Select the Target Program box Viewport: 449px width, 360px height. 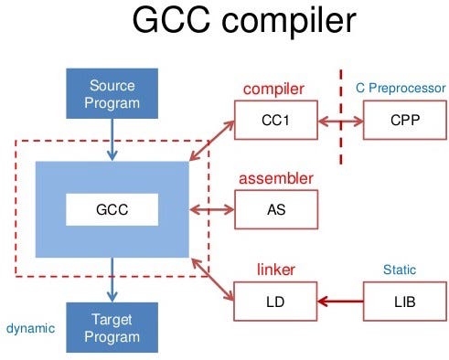click(112, 328)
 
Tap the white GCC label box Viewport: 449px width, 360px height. click(112, 209)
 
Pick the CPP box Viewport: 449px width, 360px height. click(401, 120)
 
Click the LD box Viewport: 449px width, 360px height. click(273, 301)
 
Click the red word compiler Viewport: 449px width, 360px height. click(273, 90)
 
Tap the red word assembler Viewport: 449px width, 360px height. click(275, 178)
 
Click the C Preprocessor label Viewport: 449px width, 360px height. click(400, 89)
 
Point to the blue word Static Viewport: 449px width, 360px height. click(400, 270)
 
